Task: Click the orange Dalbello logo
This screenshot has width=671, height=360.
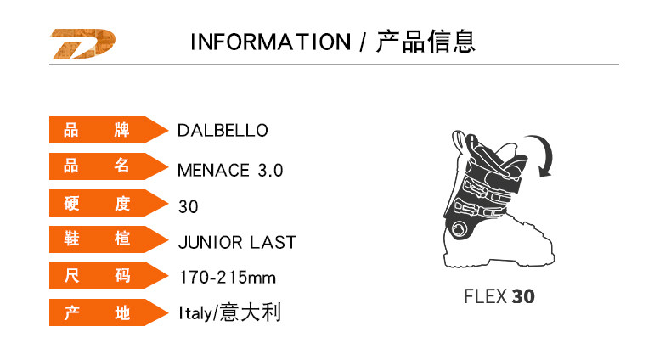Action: pyautogui.click(x=82, y=43)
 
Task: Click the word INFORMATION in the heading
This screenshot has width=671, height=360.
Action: pyautogui.click(x=269, y=42)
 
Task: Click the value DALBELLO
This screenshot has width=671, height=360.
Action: pyautogui.click(x=223, y=131)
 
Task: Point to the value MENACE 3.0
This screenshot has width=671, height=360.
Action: pyautogui.click(x=230, y=170)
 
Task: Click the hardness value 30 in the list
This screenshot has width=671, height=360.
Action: pyautogui.click(x=189, y=206)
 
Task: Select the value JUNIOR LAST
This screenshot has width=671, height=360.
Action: pyautogui.click(x=237, y=243)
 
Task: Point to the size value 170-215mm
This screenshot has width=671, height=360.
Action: pyautogui.click(x=228, y=278)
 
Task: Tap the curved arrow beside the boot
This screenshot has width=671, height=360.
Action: pyautogui.click(x=542, y=155)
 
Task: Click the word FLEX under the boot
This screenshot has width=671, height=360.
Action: pyautogui.click(x=485, y=297)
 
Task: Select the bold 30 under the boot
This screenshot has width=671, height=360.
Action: pyautogui.click(x=524, y=297)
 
